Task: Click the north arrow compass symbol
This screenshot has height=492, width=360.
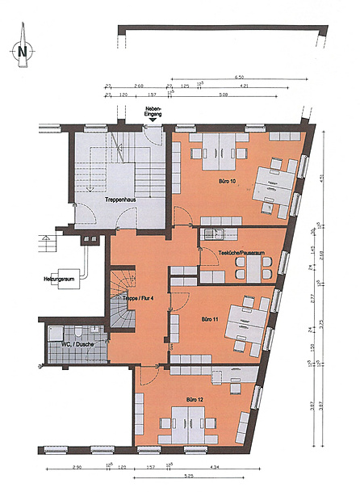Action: coord(22,50)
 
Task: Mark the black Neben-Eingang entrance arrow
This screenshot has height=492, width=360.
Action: coord(153,121)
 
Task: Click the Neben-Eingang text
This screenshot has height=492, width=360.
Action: coord(153,111)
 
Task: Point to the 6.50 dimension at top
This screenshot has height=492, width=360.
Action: coord(239,76)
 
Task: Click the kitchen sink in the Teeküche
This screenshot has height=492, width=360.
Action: coord(211,235)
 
